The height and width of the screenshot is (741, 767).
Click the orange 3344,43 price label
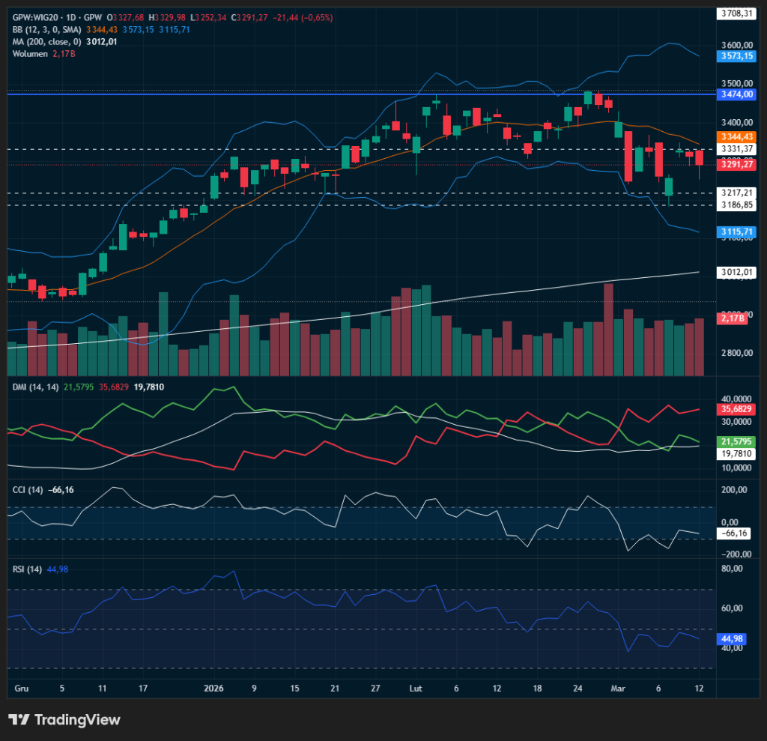[x=736, y=137]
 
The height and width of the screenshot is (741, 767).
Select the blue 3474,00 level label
[x=736, y=94]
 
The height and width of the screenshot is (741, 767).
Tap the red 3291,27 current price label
[x=736, y=164]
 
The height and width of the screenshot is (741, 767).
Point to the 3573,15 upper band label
[x=736, y=56]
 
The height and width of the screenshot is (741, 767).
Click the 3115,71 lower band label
[x=736, y=232]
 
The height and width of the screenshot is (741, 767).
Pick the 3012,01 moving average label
[x=736, y=272]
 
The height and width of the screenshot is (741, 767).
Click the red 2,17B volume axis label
[x=731, y=319]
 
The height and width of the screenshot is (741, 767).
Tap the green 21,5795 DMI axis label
[x=736, y=442]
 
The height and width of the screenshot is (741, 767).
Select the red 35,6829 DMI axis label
[x=736, y=409]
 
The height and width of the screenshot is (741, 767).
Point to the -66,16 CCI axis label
[x=733, y=533]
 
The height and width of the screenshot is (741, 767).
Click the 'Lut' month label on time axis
[x=416, y=687]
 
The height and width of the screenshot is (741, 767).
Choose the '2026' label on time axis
[x=214, y=687]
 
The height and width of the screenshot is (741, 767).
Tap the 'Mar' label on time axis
[x=617, y=687]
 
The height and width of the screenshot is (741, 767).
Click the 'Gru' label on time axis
[x=22, y=687]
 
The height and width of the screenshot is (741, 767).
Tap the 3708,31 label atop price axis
[x=736, y=13]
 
